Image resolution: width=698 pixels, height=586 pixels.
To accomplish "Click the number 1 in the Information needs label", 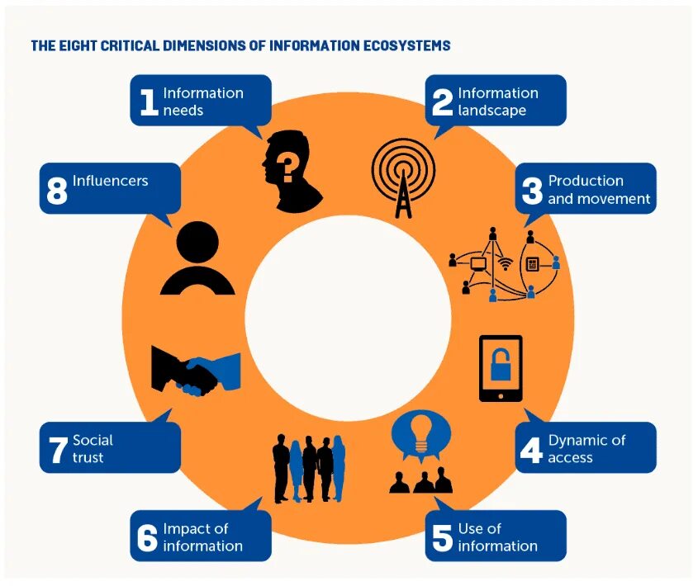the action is point(149,101).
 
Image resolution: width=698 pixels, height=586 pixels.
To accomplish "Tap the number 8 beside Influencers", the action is point(56,189).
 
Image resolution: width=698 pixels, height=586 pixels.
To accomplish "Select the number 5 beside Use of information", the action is point(443,537).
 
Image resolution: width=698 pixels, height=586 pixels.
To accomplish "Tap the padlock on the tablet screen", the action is point(501,364).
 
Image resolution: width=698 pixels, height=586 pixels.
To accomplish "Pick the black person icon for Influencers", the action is point(197,258).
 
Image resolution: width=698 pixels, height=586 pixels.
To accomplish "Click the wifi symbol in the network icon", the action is point(505,265).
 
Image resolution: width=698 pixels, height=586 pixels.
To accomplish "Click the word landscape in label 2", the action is point(491,111).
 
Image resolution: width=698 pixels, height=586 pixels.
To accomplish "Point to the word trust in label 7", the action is point(88,457).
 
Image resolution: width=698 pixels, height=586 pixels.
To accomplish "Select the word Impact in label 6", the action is point(183,528).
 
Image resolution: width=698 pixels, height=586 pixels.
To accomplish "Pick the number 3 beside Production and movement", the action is point(532,189).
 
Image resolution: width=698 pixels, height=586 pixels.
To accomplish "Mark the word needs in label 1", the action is point(183,111).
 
